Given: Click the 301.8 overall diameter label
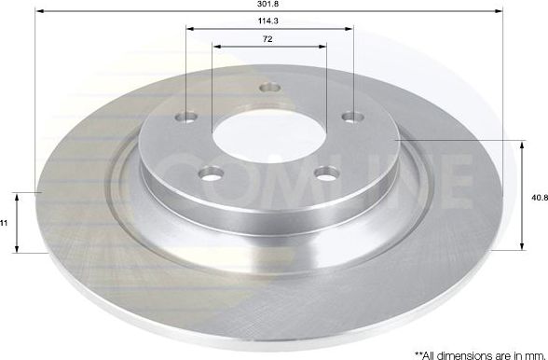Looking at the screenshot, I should [x=269, y=5].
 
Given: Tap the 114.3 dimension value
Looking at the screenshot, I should [x=269, y=22].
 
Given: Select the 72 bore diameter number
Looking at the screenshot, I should [x=269, y=39].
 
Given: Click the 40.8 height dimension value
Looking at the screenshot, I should [x=538, y=197].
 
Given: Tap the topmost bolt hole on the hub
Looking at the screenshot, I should [x=270, y=88].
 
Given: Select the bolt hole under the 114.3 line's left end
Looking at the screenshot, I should [x=186, y=118].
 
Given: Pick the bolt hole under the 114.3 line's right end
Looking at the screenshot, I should [x=351, y=117].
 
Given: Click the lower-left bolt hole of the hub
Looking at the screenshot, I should [x=212, y=173].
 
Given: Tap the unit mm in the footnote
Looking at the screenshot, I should [x=531, y=353].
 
